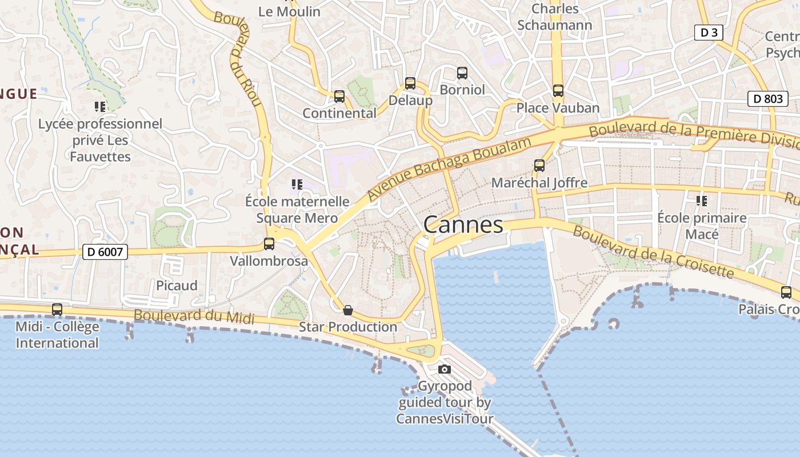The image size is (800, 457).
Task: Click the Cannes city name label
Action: [x=463, y=225]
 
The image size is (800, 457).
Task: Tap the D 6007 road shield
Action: [x=105, y=251]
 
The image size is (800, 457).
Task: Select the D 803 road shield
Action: [x=768, y=98]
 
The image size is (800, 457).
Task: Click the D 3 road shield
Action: [x=709, y=33]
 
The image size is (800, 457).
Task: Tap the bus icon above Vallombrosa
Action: [x=269, y=244]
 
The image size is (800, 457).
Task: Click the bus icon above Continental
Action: [x=339, y=97]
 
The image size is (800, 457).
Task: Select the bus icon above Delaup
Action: [x=410, y=83]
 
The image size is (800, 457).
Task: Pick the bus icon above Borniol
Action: [x=462, y=73]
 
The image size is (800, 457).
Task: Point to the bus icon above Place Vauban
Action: [x=558, y=91]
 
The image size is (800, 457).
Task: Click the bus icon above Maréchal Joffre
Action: [x=539, y=166]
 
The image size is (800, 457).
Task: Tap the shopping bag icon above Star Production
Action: [x=347, y=310]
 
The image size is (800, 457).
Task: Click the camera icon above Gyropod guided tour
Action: [x=445, y=369]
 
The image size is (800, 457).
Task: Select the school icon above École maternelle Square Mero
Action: [x=297, y=185]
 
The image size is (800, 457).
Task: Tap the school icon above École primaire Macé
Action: [x=702, y=201]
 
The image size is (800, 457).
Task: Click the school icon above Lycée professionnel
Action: [x=100, y=107]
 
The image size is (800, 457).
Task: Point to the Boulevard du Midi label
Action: [x=194, y=316]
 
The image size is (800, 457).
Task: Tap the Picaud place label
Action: [x=177, y=286]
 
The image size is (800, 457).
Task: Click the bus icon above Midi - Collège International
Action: [x=57, y=310]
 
